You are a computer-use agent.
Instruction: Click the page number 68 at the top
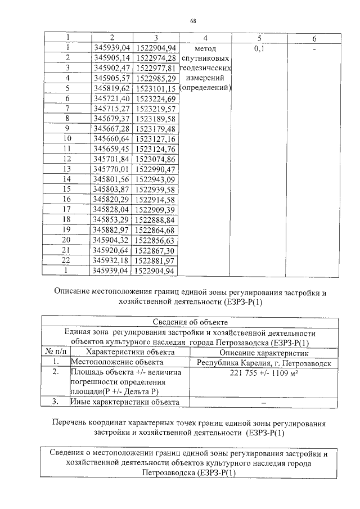193,21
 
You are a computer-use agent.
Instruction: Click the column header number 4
205,38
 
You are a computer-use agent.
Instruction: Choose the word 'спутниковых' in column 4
205,58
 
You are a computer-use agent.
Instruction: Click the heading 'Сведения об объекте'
191,322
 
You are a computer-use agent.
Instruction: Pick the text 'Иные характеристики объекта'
124,402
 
